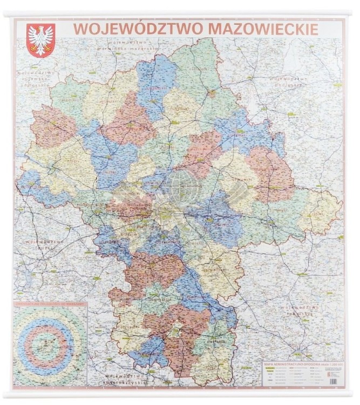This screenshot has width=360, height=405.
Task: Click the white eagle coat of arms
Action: [x=40, y=39]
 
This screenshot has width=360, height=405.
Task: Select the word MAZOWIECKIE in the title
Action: [x=263, y=28]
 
